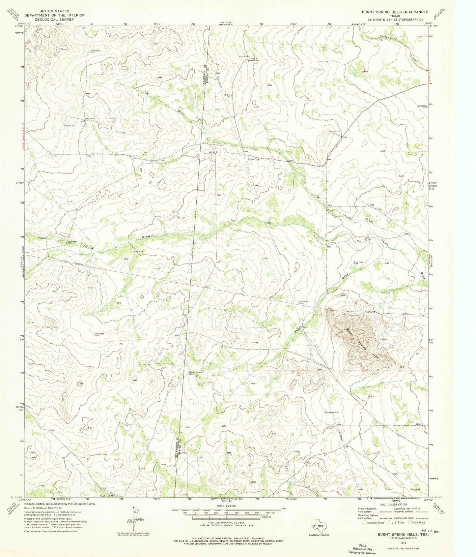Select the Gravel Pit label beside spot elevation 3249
pos(335,132)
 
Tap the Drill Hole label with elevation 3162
pos(422,106)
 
